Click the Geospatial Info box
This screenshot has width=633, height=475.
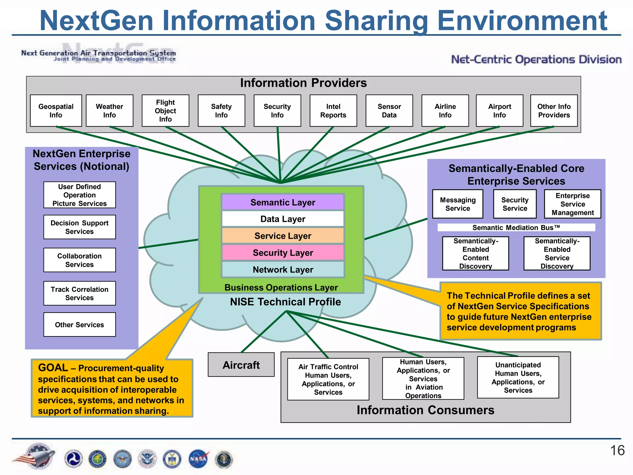56,111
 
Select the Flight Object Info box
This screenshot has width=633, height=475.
165,111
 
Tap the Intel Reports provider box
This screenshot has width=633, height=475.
333,111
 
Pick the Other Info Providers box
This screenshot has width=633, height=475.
554,111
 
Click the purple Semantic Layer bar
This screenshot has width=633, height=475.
283,202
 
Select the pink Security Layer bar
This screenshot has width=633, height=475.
283,253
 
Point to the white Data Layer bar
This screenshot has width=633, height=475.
283,219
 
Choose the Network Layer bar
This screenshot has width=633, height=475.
283,270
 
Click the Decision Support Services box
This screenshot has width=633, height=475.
79,227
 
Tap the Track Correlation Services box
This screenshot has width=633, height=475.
79,293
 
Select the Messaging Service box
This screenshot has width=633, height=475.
457,204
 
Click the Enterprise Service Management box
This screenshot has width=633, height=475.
572,204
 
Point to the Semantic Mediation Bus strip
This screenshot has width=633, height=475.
516,228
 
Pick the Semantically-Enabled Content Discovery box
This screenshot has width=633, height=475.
475,253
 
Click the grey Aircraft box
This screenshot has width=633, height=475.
241,365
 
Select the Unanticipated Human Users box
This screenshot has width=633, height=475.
518,377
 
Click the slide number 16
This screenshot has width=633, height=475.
617,451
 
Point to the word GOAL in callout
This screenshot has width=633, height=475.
53,368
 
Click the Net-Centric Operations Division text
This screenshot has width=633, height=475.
536,59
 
